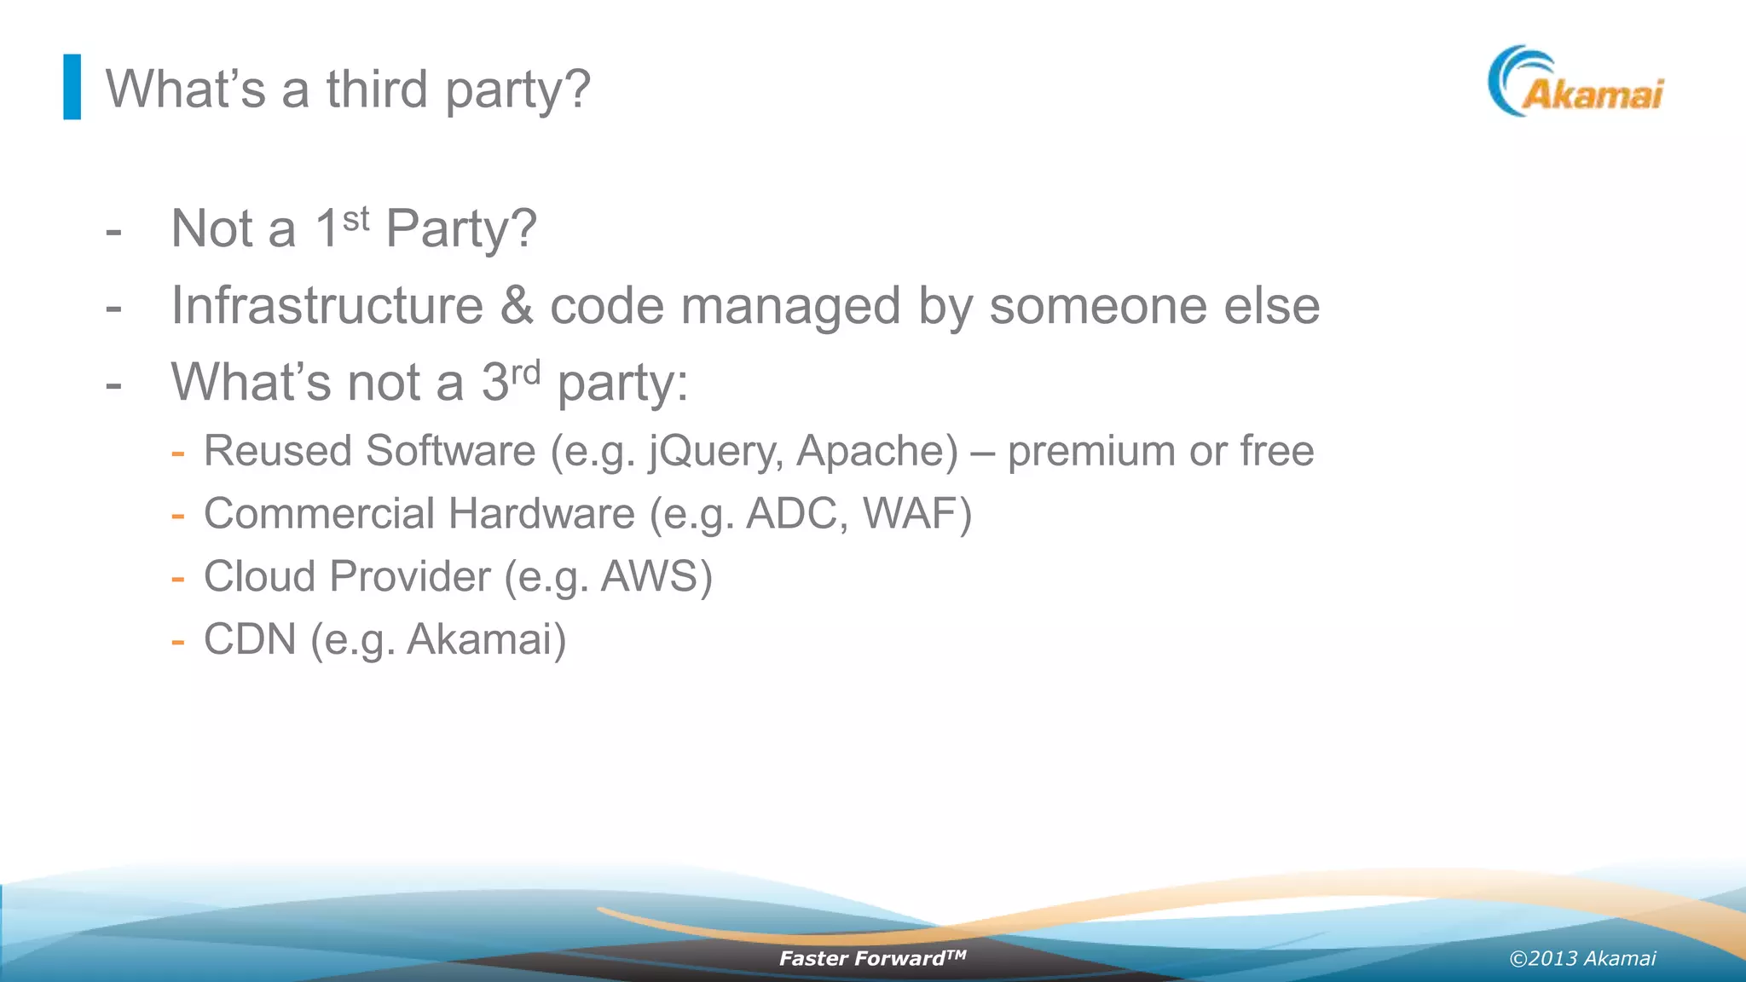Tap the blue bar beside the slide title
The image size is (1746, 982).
tap(72, 87)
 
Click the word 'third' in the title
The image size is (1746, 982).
tap(377, 90)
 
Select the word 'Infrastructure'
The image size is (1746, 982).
tap(327, 305)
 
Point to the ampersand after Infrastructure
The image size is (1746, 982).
tap(517, 305)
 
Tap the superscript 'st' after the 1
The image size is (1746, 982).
tap(356, 219)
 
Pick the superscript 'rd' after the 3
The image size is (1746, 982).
tap(525, 373)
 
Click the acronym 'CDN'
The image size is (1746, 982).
tap(250, 639)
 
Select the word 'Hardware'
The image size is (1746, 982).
tap(541, 514)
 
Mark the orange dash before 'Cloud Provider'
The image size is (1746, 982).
tap(177, 578)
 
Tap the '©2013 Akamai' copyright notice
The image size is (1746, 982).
tap(1582, 959)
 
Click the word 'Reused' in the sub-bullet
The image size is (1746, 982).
tap(277, 451)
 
